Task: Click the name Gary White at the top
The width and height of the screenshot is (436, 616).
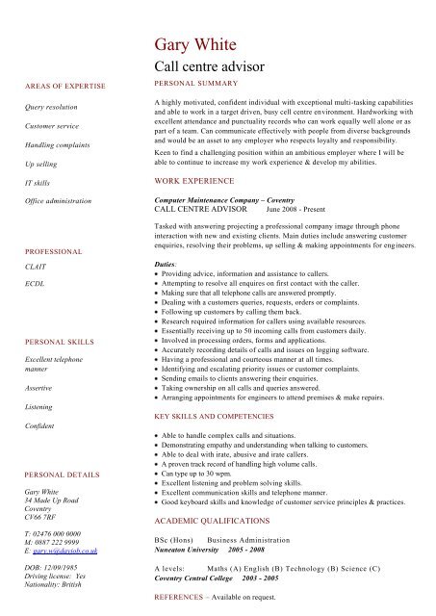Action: pyautogui.click(x=202, y=45)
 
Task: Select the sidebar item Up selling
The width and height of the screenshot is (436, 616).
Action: pyautogui.click(x=43, y=164)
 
